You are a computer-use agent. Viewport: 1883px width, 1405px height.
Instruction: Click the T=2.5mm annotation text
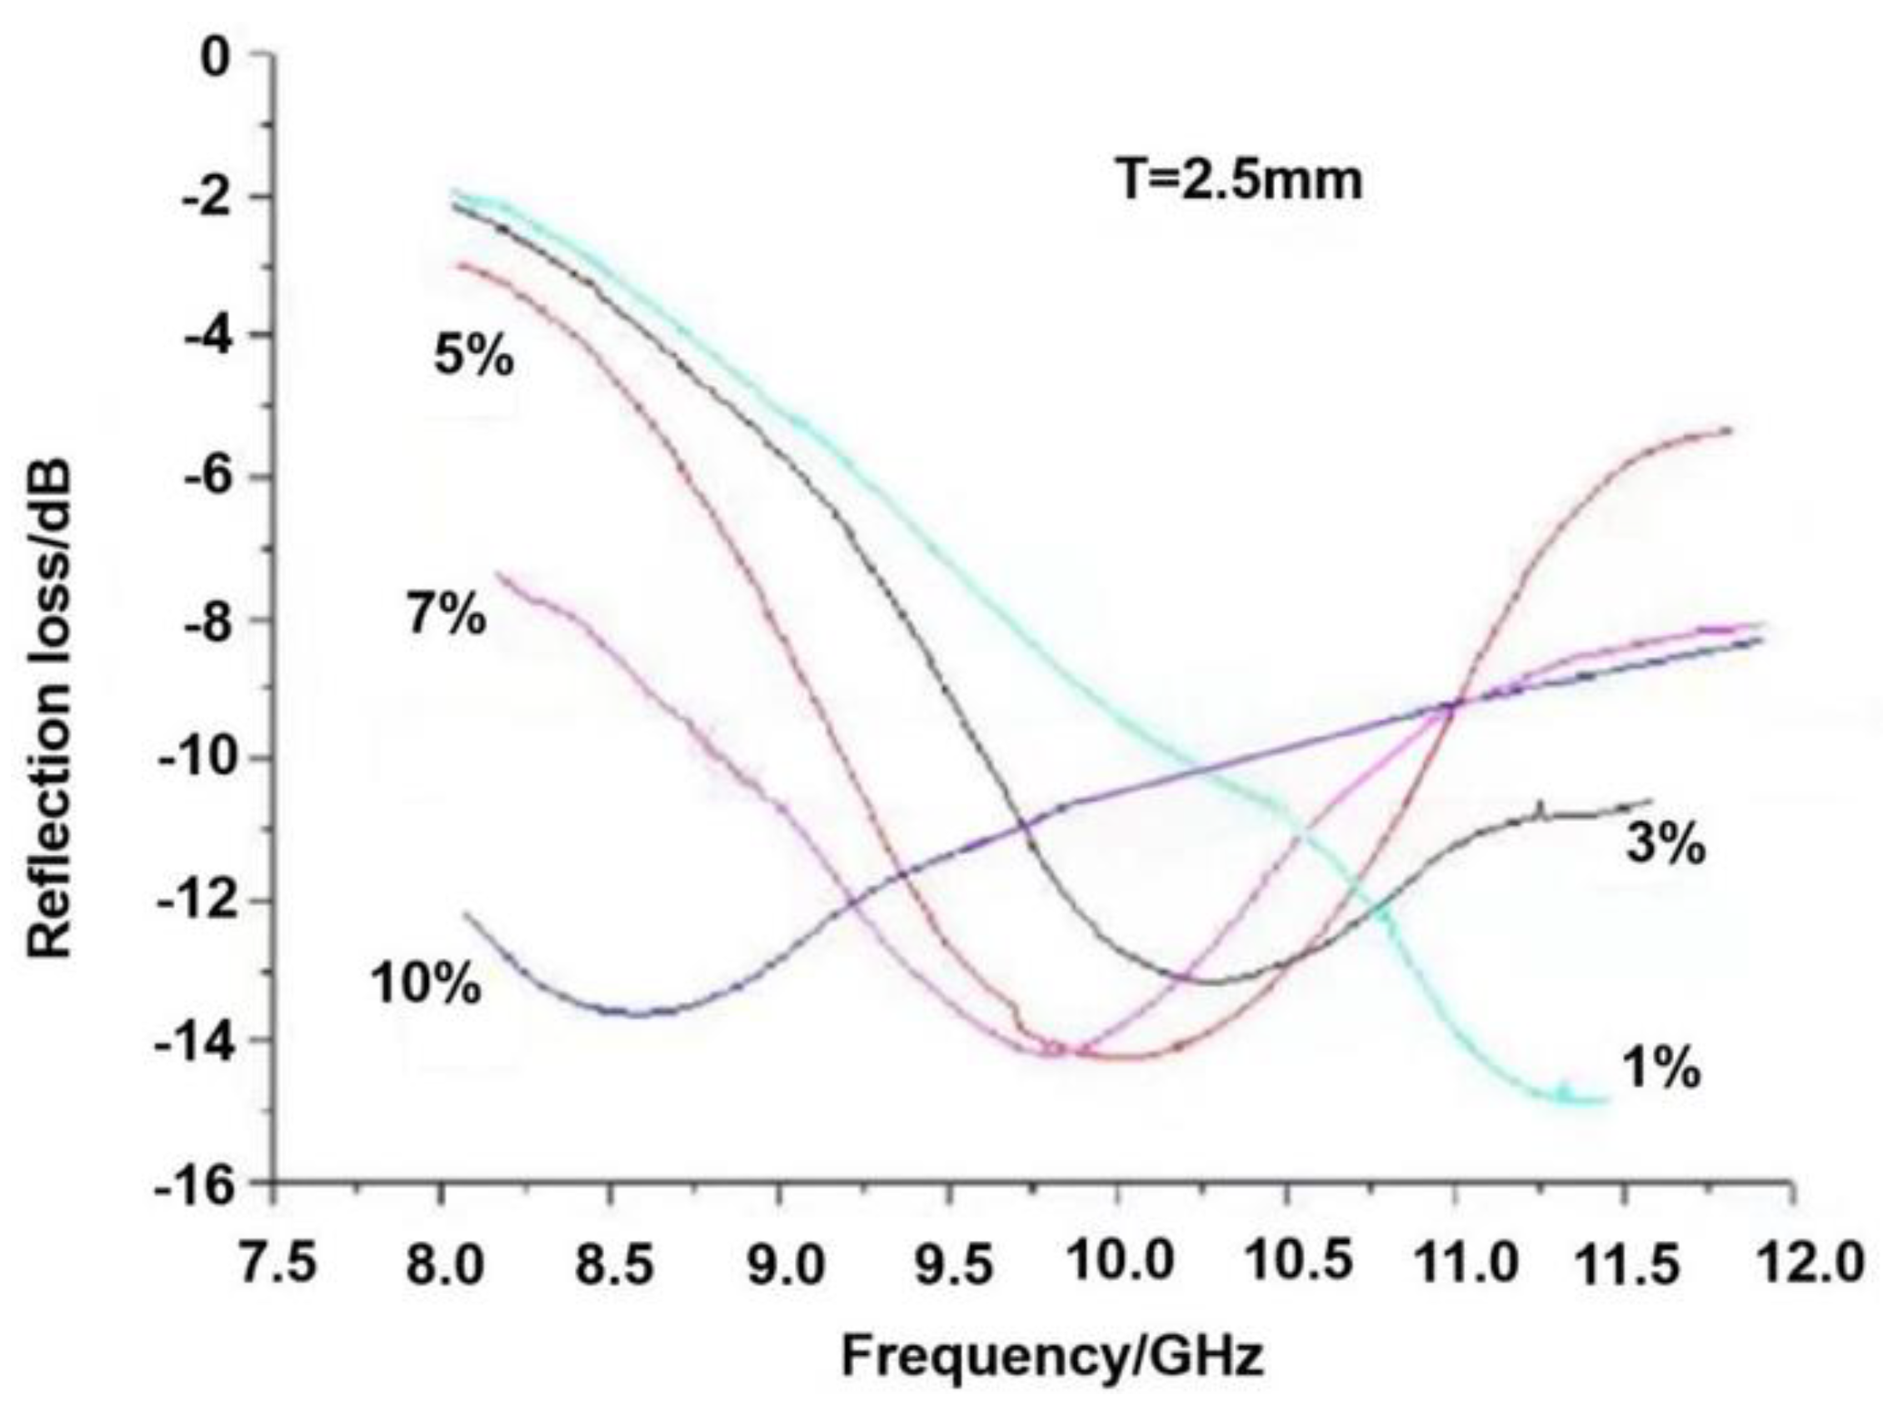pyautogui.click(x=1239, y=180)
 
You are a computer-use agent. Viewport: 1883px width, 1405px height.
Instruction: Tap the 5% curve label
pyautogui.click(x=474, y=355)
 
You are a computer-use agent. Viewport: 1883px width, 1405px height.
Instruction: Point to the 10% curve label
pyautogui.click(x=426, y=985)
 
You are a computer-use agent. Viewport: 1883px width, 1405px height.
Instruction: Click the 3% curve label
pyautogui.click(x=1666, y=845)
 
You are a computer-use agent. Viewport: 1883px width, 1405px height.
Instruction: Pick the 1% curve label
pyautogui.click(x=1662, y=1069)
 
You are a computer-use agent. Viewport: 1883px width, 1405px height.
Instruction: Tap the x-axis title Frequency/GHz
pyautogui.click(x=1052, y=1356)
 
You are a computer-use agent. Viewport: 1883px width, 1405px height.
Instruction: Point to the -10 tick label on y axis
pyautogui.click(x=194, y=757)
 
